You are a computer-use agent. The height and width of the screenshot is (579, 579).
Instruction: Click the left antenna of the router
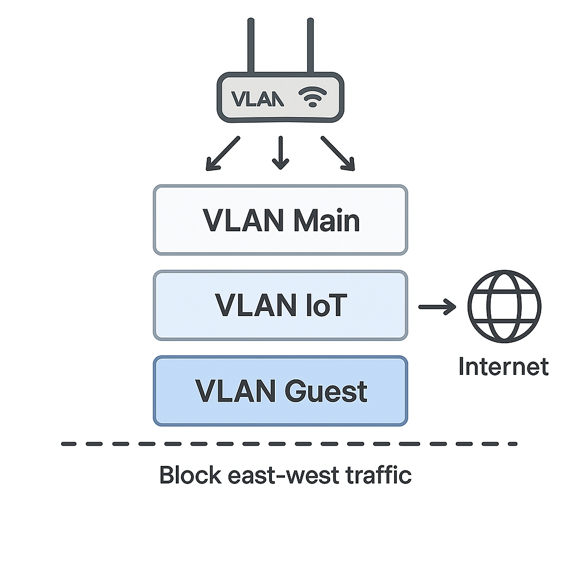coord(250,45)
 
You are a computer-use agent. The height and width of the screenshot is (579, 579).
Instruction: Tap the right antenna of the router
coord(310,45)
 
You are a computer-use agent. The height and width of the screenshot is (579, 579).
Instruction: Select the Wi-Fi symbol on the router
coord(313,96)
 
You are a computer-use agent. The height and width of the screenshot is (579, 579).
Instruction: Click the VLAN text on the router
coord(257,99)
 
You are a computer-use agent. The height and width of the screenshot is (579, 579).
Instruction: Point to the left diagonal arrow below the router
coord(223,154)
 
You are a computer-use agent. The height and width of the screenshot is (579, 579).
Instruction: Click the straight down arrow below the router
coord(280,153)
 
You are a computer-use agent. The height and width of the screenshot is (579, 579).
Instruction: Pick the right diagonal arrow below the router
coord(338,154)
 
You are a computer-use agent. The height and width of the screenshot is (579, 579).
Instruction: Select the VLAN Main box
coord(280,220)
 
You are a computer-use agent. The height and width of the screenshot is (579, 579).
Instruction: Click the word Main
coord(326,221)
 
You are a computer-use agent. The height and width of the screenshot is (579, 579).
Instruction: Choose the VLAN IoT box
coord(280,305)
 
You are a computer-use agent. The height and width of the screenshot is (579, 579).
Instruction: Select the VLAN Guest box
coord(280,391)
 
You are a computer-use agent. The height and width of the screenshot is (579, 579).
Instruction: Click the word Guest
coord(326,391)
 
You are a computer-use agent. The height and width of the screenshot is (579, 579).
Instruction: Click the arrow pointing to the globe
coord(437,306)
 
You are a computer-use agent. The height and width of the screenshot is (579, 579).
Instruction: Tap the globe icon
coord(504,306)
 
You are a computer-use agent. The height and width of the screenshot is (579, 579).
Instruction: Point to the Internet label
coord(504,366)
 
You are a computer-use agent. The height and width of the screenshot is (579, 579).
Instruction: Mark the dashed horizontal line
coord(289,444)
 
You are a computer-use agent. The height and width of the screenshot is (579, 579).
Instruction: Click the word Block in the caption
coord(191,475)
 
